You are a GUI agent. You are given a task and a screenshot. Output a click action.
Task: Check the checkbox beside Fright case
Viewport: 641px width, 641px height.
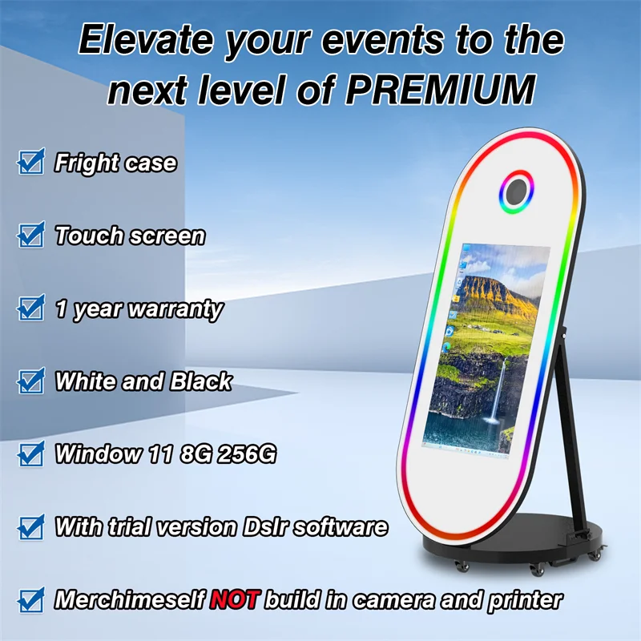[30, 163]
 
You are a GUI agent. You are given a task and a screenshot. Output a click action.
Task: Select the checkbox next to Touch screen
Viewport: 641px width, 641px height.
[30, 236]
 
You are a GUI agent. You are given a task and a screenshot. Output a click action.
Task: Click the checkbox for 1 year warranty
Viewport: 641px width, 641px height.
[30, 308]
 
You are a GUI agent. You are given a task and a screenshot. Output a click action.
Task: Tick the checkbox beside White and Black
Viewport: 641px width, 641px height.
[30, 381]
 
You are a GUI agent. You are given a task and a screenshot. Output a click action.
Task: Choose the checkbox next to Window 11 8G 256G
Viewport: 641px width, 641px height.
[30, 454]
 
